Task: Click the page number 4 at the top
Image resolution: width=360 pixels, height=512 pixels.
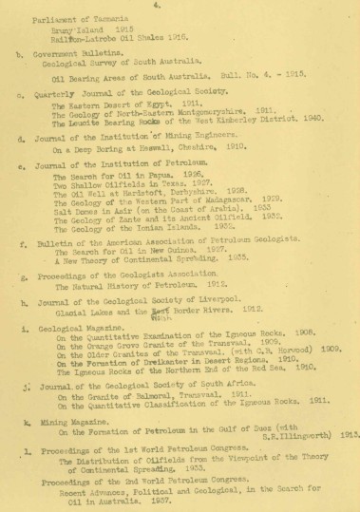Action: pyautogui.click(x=180, y=7)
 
